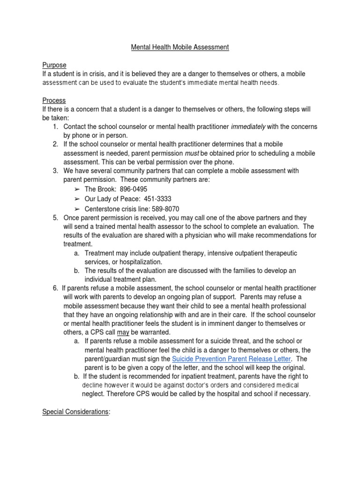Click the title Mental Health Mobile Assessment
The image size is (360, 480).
(x=180, y=48)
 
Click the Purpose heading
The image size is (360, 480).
(x=54, y=65)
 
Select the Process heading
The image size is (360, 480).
(x=54, y=100)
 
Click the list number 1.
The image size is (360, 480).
(x=55, y=127)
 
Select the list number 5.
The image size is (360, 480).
(x=55, y=217)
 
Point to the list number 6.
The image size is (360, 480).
(x=55, y=287)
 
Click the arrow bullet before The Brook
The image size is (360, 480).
(x=77, y=189)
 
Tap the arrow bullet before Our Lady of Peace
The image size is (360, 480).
(x=77, y=199)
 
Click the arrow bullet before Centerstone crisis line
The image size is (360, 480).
(x=77, y=209)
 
